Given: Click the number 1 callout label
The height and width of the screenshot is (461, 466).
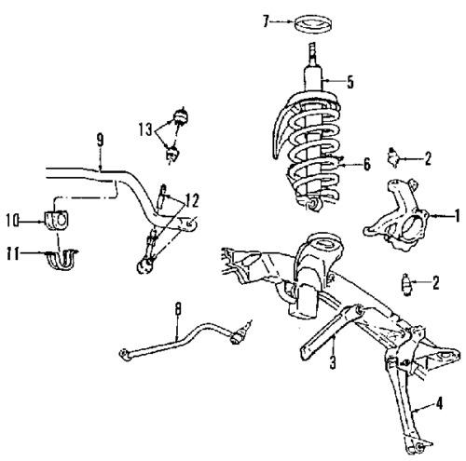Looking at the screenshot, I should [457, 215].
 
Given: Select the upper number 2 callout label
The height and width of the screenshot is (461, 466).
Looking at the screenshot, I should [428, 159].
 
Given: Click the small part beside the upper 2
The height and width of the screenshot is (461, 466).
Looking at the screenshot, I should [399, 159].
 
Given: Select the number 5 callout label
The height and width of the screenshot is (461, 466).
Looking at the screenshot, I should [349, 82].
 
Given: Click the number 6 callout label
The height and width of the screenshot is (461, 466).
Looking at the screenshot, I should [366, 165].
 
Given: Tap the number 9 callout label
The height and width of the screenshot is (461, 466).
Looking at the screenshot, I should [99, 142].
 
